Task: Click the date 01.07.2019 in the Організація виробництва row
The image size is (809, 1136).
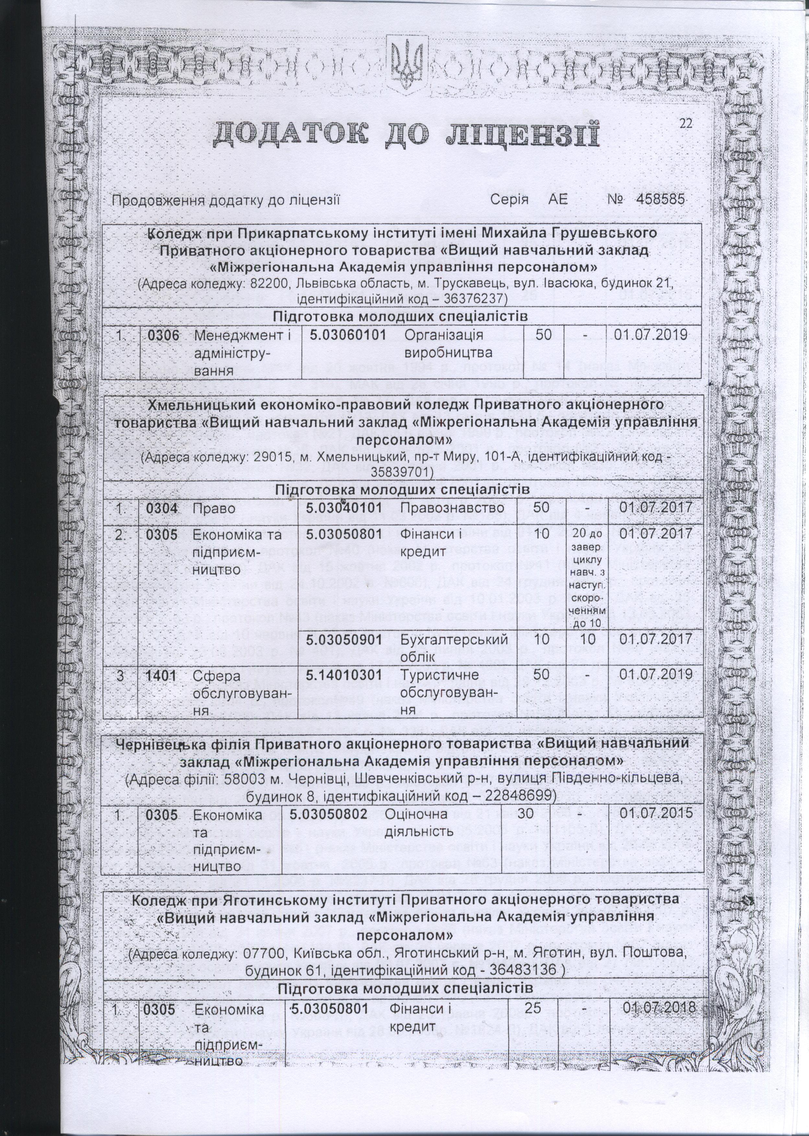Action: pos(651,335)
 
